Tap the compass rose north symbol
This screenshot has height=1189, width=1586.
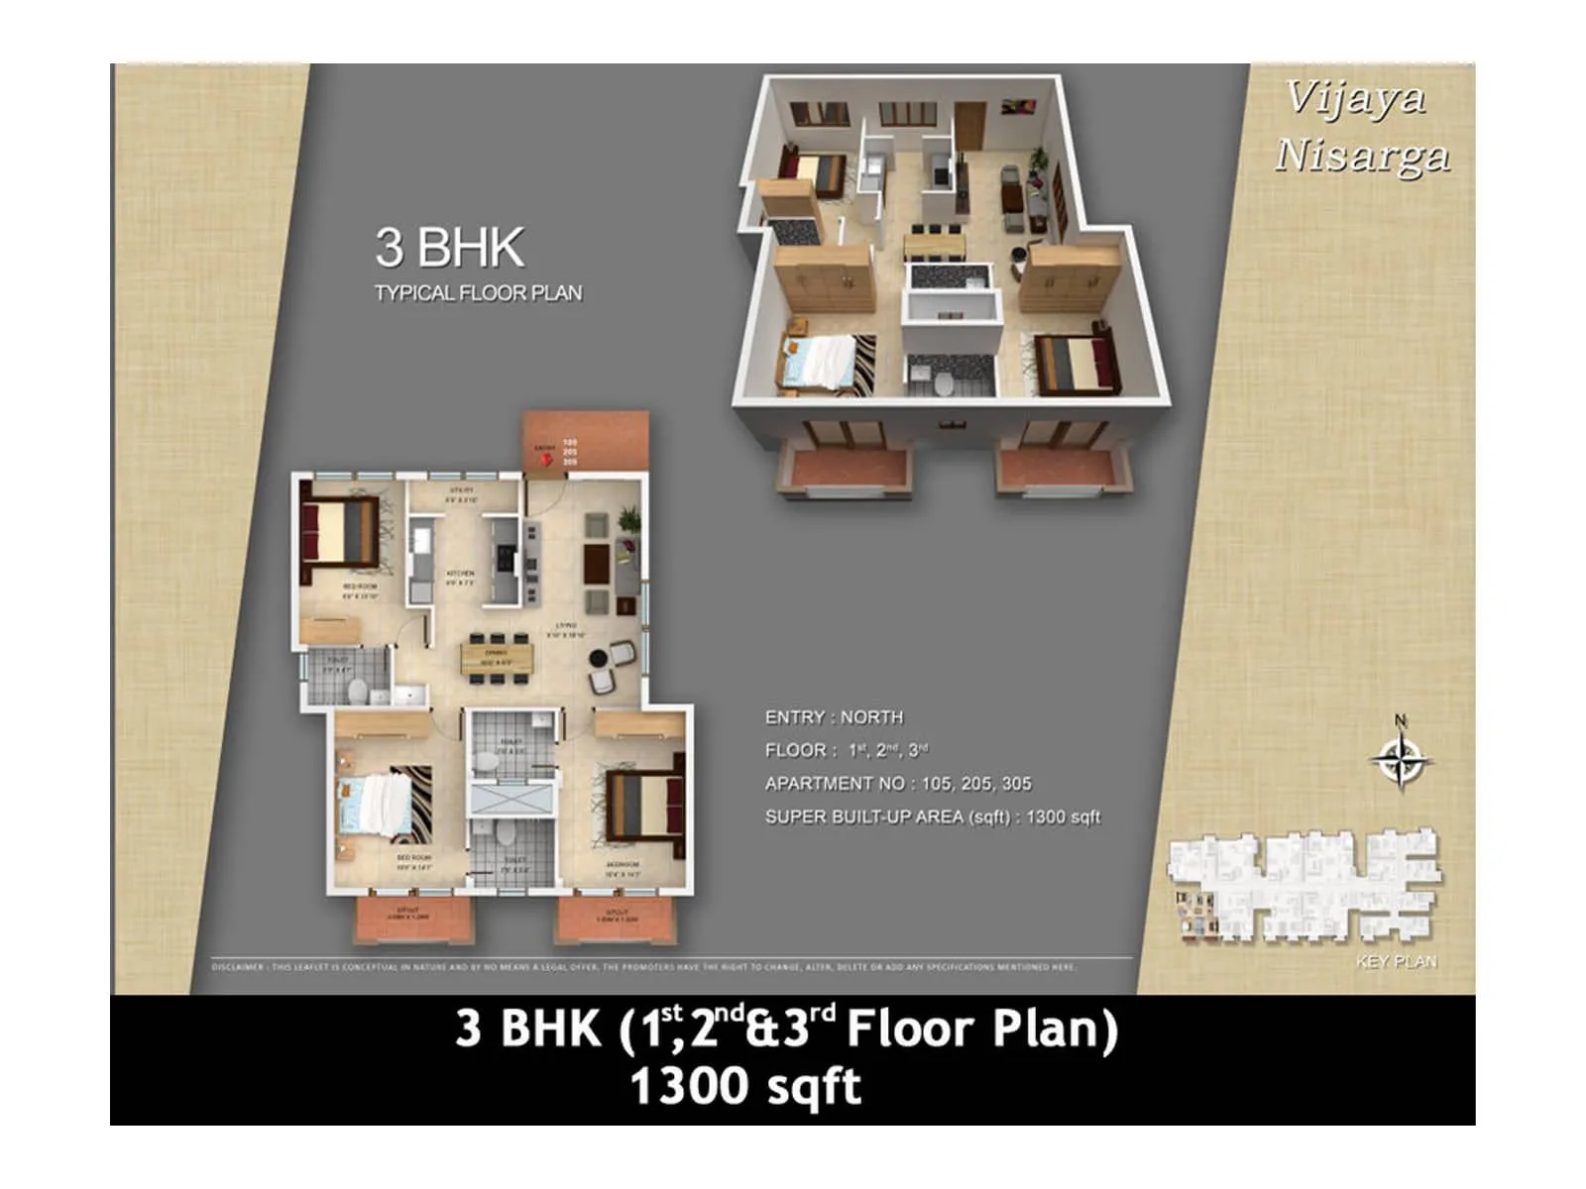(1401, 761)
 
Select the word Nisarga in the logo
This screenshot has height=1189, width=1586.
(1362, 157)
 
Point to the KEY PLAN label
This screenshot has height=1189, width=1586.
(1396, 962)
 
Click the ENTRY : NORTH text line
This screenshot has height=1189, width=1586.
(834, 717)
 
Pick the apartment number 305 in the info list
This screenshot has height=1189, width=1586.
(1016, 784)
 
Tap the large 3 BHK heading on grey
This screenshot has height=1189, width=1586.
(449, 248)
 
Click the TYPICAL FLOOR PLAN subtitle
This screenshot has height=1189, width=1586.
(478, 293)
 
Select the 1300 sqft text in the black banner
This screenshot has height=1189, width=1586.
(745, 1087)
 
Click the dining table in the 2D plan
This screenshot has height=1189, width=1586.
(496, 656)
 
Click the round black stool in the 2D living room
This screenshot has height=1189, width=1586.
(598, 658)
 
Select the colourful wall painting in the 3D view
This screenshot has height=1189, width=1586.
(1018, 106)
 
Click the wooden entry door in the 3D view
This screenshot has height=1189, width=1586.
(968, 125)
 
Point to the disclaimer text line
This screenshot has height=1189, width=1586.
(644, 967)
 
